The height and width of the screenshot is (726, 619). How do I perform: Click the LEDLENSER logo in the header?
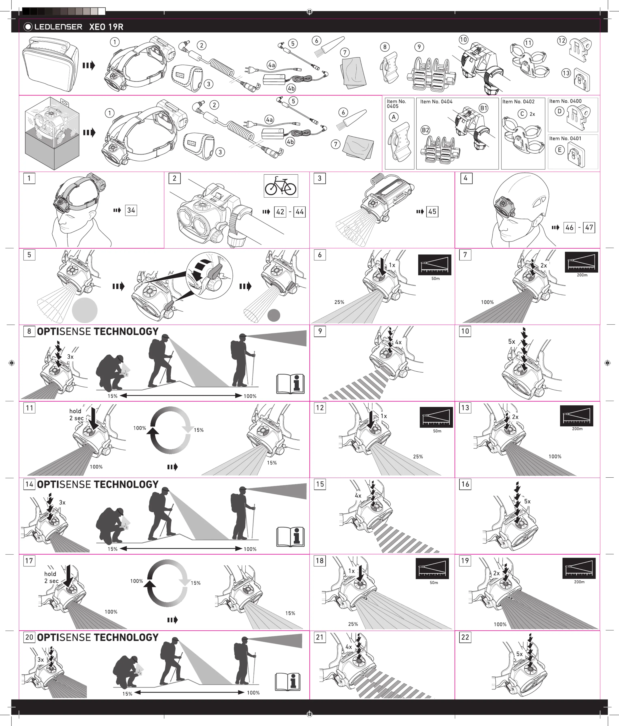pyautogui.click(x=53, y=27)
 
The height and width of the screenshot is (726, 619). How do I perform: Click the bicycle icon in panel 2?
pyautogui.click(x=281, y=186)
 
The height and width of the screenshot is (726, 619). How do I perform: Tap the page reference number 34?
pyautogui.click(x=131, y=210)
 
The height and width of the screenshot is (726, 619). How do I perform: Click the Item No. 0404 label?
pyautogui.click(x=436, y=102)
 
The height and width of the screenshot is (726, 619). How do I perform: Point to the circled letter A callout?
pyautogui.click(x=394, y=117)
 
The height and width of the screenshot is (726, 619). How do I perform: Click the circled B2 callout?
pyautogui.click(x=425, y=130)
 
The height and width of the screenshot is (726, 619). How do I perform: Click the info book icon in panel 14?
pyautogui.click(x=290, y=537)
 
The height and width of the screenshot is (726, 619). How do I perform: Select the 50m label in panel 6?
pyautogui.click(x=436, y=279)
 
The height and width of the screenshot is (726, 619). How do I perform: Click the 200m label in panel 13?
pyautogui.click(x=577, y=429)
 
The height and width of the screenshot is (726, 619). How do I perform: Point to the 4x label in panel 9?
pyautogui.click(x=398, y=342)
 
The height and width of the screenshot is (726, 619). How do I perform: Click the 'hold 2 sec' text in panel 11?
pyautogui.click(x=76, y=414)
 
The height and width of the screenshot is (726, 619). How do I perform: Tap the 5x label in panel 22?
pyautogui.click(x=519, y=654)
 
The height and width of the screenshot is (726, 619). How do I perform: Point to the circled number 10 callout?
pyautogui.click(x=463, y=40)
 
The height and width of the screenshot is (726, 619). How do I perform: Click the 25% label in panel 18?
pyautogui.click(x=353, y=624)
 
